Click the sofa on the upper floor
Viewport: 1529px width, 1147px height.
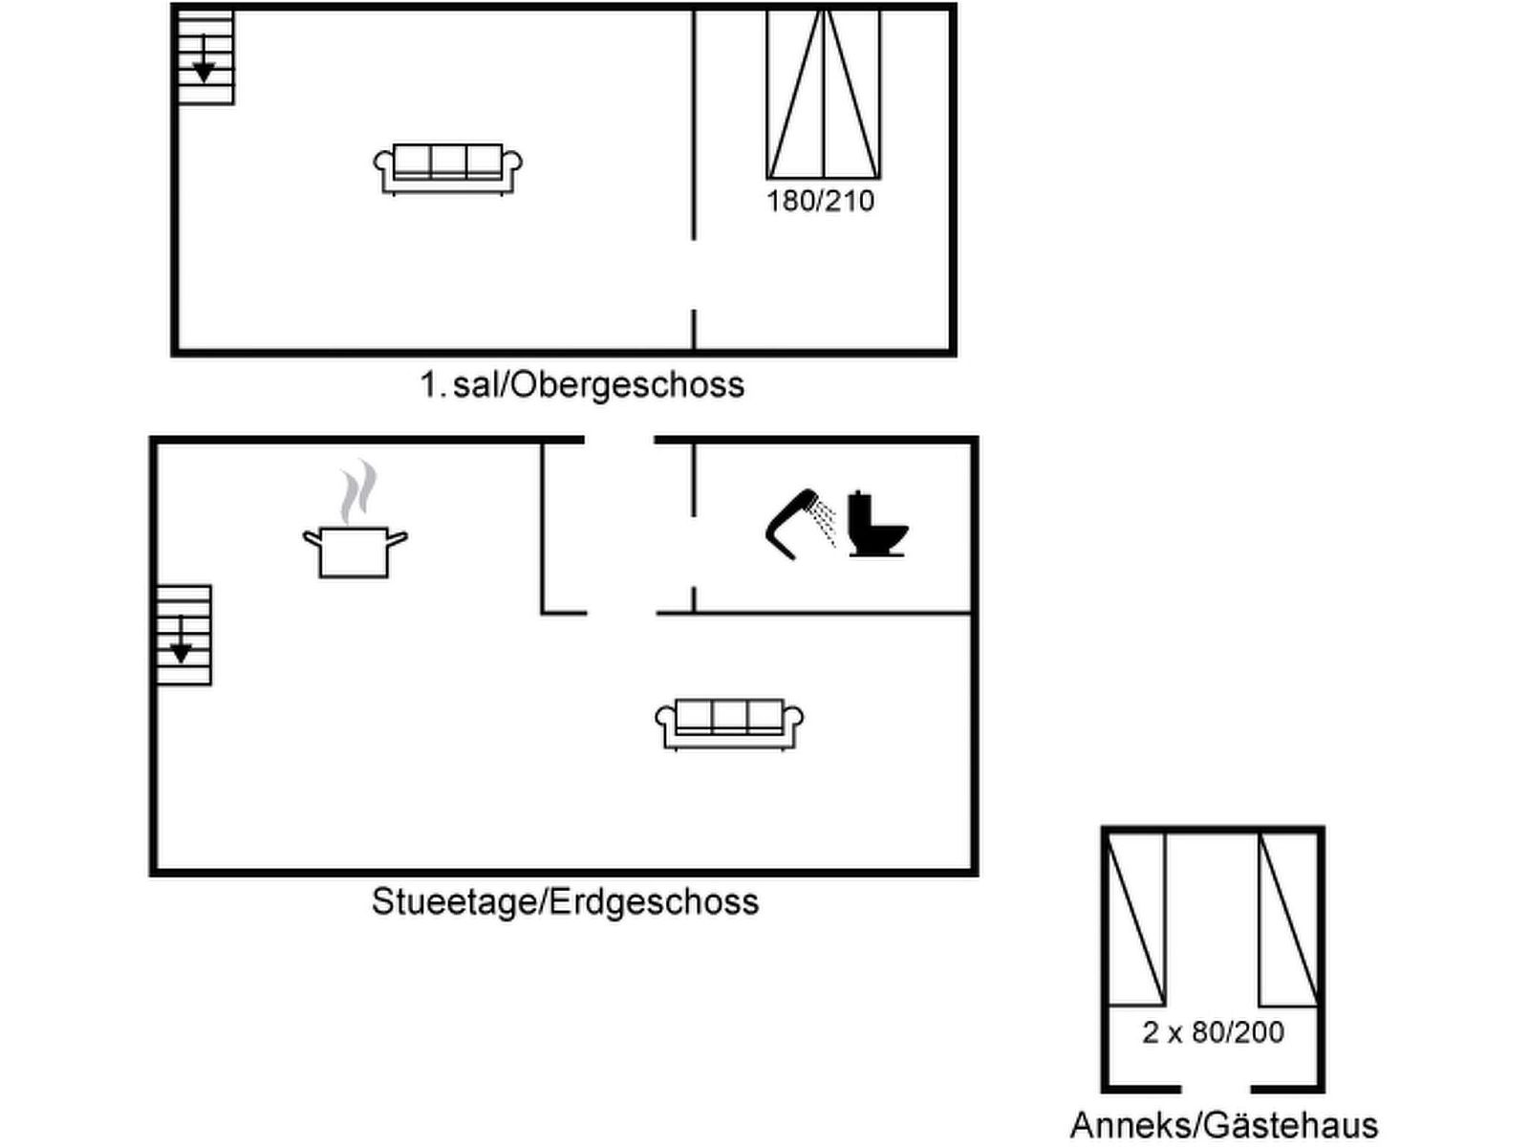pos(447,169)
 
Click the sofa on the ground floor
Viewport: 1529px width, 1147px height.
pos(729,724)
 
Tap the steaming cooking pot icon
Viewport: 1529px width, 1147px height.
pos(355,535)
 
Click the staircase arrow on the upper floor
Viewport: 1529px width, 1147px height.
pos(204,62)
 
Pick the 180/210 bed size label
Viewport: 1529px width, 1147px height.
pos(820,201)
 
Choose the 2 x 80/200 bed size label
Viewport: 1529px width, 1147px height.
pos(1213,1032)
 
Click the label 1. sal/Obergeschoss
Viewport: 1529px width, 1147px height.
pos(582,384)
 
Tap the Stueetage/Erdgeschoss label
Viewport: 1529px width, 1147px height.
pos(565,901)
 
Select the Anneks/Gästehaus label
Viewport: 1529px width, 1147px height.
pos(1224,1124)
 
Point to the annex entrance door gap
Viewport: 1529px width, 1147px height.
pos(1216,1089)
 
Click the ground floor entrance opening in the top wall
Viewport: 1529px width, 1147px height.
pos(619,441)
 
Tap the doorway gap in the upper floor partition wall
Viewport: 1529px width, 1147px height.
pos(694,274)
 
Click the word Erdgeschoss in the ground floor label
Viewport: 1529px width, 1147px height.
pos(655,901)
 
